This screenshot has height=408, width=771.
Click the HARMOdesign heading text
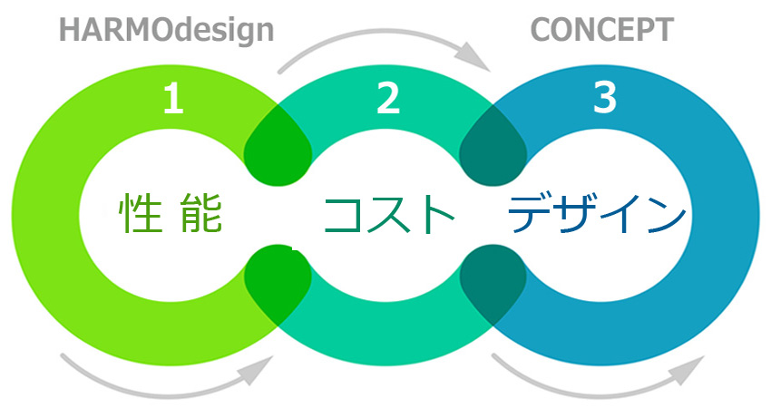pyautogui.click(x=166, y=31)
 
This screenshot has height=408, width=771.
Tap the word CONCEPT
pyautogui.click(x=601, y=31)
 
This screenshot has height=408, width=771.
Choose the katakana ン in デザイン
pyautogui.click(x=665, y=216)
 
